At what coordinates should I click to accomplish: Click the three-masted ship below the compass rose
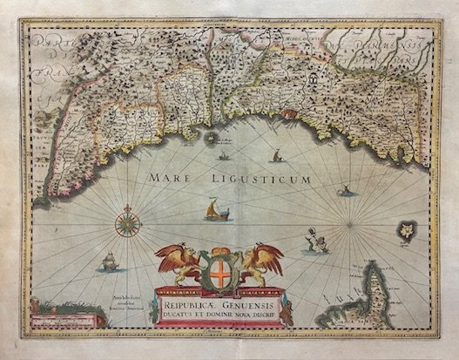pyautogui.click(x=107, y=262)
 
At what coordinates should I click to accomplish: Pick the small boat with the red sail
pyautogui.click(x=277, y=156)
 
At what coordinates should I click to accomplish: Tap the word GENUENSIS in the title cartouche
pyautogui.click(x=249, y=306)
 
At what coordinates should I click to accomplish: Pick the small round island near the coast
pyautogui.click(x=210, y=134)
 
